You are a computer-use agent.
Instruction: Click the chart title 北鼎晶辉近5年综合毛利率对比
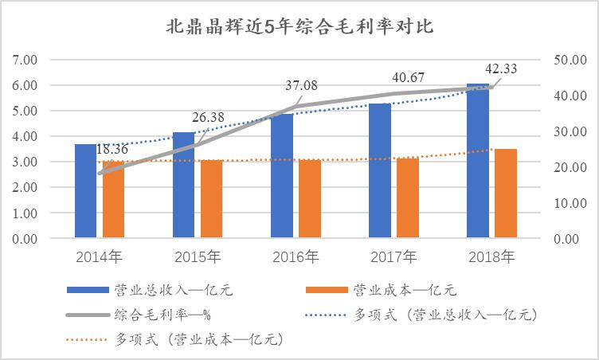299,27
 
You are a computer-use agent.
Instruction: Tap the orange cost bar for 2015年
211,199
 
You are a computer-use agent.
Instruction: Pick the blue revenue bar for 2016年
281,179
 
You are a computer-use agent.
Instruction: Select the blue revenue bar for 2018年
478,163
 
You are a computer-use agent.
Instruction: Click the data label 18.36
113,149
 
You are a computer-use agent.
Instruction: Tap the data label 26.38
208,117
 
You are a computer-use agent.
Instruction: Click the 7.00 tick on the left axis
25,60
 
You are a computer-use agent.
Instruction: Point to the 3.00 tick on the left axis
25,162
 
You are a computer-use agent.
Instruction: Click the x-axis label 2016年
295,256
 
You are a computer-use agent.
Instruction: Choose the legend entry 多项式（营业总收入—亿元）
445,315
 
